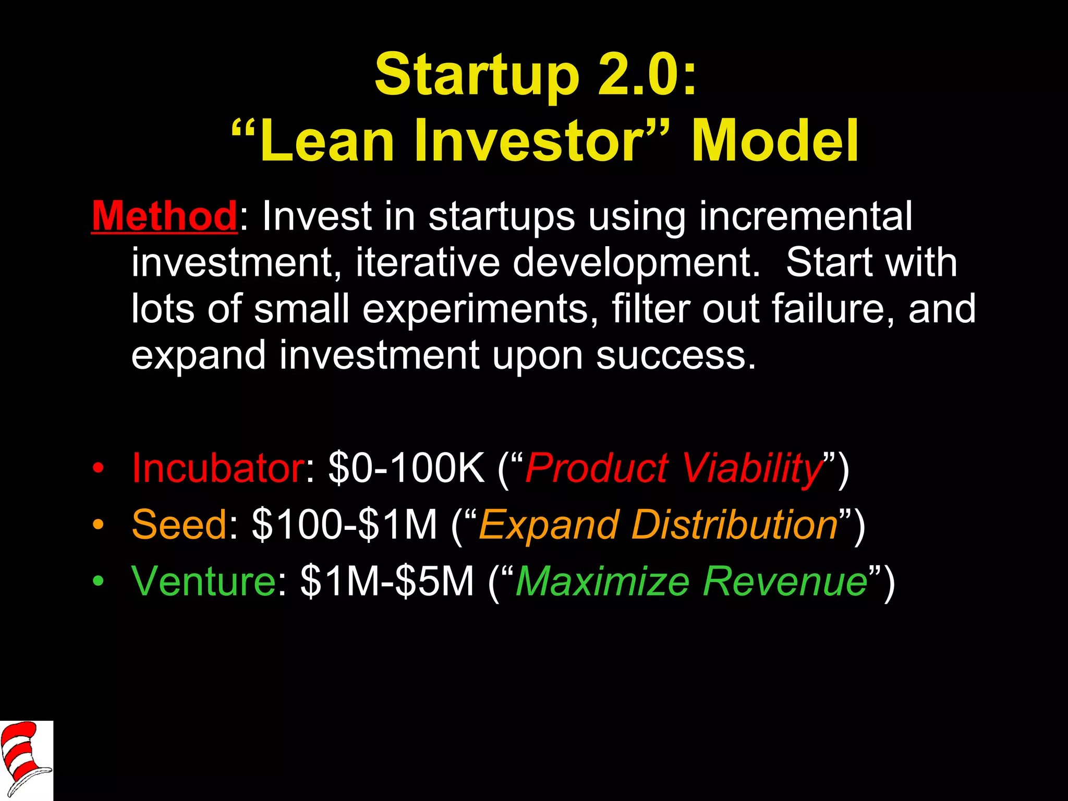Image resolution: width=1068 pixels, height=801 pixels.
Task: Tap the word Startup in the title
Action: [x=477, y=76]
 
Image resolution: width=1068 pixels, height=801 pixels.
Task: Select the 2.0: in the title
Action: [x=647, y=76]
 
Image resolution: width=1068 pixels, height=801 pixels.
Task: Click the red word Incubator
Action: [x=218, y=468]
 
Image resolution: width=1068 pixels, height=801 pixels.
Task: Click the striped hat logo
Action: [x=26, y=760]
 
